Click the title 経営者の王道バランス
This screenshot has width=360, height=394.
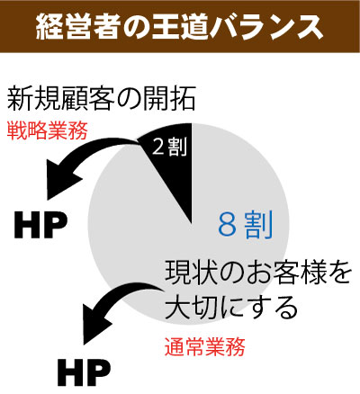(x=179, y=26)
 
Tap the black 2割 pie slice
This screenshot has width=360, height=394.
(x=174, y=162)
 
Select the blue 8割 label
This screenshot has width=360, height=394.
(x=246, y=225)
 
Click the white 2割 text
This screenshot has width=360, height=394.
(x=169, y=147)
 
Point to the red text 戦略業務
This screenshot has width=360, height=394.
(x=47, y=130)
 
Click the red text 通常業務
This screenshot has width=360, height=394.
(x=205, y=347)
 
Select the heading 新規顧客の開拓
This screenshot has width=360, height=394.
(x=102, y=99)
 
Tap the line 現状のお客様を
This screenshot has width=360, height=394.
(x=258, y=273)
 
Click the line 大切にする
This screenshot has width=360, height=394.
(x=231, y=308)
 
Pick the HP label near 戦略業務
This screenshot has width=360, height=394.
(x=40, y=225)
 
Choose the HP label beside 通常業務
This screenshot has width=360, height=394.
(x=84, y=372)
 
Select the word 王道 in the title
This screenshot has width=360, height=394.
(x=180, y=26)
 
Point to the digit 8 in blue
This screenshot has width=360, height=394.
(x=227, y=225)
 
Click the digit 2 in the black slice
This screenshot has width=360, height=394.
(x=157, y=148)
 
